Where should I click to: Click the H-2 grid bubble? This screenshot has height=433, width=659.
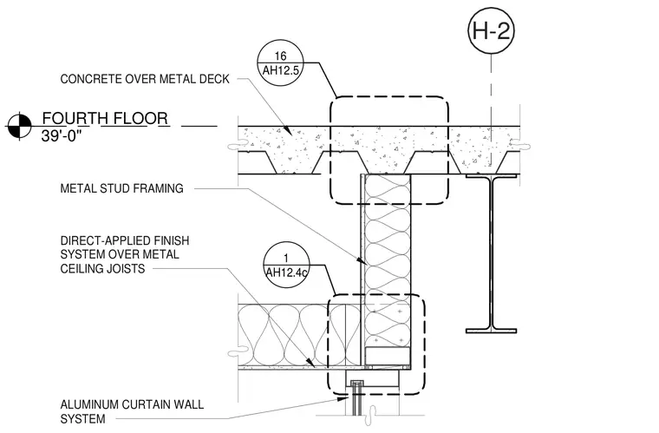491,30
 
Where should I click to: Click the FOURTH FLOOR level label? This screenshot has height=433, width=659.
105,118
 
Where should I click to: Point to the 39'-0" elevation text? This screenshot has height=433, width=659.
61,135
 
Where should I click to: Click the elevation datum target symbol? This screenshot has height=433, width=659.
19,126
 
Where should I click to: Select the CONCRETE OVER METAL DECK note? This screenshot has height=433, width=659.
145,79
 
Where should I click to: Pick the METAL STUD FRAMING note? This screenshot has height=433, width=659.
122,188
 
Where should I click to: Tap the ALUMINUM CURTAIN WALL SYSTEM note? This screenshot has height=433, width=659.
132,411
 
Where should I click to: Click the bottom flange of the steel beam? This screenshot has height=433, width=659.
491,331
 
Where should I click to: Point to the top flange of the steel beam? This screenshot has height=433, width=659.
491,176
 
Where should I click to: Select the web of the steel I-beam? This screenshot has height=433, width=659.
491,253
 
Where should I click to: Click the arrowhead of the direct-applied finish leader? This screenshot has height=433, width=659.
310,362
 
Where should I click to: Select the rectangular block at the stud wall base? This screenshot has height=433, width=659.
387,356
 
